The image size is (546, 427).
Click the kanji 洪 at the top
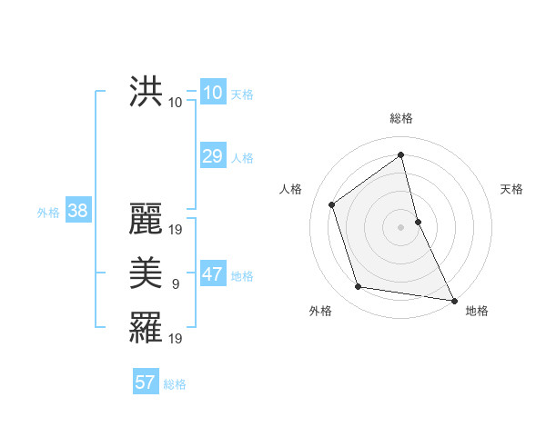click(x=146, y=94)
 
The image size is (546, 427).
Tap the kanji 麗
click(x=146, y=219)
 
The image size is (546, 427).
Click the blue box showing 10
click(x=212, y=93)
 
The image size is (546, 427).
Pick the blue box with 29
click(x=212, y=156)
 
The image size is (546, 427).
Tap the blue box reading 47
click(x=212, y=274)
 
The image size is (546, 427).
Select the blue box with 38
click(x=77, y=211)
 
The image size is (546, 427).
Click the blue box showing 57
click(x=145, y=382)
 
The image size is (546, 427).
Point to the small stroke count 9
click(x=176, y=285)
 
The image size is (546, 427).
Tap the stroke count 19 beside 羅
click(x=177, y=339)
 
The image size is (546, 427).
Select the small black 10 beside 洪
click(x=176, y=103)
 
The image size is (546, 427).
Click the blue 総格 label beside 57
click(x=175, y=384)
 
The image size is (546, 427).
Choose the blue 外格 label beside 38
click(x=48, y=213)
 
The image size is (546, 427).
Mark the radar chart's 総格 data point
click(x=400, y=154)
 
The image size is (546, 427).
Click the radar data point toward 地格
click(x=453, y=300)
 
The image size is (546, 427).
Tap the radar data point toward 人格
click(x=332, y=204)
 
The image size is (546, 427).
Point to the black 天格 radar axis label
click(x=511, y=189)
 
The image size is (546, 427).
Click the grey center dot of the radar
click(x=401, y=226)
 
